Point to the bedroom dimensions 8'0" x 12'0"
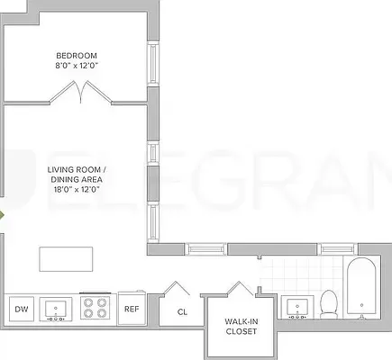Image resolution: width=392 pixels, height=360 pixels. pyautogui.click(x=77, y=65)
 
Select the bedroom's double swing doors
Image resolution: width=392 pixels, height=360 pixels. pyautogui.click(x=77, y=91)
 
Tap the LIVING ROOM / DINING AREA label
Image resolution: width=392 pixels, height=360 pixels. pyautogui.click(x=77, y=174)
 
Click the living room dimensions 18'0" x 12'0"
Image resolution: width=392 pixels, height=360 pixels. pyautogui.click(x=77, y=189)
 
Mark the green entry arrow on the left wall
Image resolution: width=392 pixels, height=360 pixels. pyautogui.click(x=3, y=216)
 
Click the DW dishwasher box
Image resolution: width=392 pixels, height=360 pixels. pyautogui.click(x=20, y=309)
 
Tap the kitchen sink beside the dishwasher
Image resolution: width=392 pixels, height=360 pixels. pyautogui.click(x=57, y=309)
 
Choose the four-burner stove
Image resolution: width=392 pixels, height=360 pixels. pyautogui.click(x=95, y=308)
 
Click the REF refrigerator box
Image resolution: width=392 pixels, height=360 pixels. pyautogui.click(x=132, y=309)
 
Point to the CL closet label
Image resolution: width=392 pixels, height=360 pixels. pyautogui.click(x=181, y=312)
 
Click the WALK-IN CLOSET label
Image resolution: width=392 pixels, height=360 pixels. pyautogui.click(x=242, y=326)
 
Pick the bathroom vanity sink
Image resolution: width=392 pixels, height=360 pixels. pyautogui.click(x=297, y=308)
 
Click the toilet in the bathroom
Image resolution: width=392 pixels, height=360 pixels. pyautogui.click(x=329, y=303)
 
